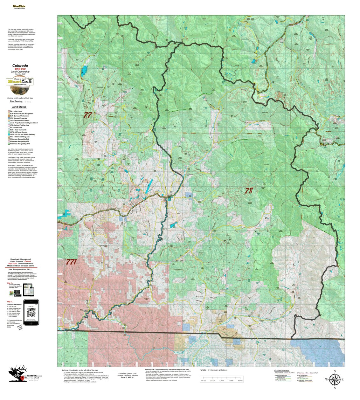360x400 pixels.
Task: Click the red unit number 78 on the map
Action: click(x=249, y=191)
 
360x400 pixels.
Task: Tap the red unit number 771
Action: click(x=71, y=262)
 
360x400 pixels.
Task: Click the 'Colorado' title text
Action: click(x=20, y=66)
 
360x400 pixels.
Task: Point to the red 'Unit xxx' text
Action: click(x=20, y=69)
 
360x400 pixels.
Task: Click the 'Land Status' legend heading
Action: click(x=19, y=107)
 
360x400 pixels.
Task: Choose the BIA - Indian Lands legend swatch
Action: click(x=9, y=111)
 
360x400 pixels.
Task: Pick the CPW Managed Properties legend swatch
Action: click(x=9, y=118)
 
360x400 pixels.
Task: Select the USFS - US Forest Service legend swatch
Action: click(x=9, y=132)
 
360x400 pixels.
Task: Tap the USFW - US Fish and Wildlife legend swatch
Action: click(x=9, y=134)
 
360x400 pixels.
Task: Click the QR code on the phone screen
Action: click(x=31, y=313)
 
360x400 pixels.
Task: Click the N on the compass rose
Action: click(x=335, y=371)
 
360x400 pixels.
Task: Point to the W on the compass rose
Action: click(x=326, y=380)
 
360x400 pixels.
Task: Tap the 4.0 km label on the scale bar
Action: click(x=222, y=381)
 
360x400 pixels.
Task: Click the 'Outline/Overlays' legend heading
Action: click(x=281, y=370)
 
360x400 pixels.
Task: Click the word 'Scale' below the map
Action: click(x=203, y=370)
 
